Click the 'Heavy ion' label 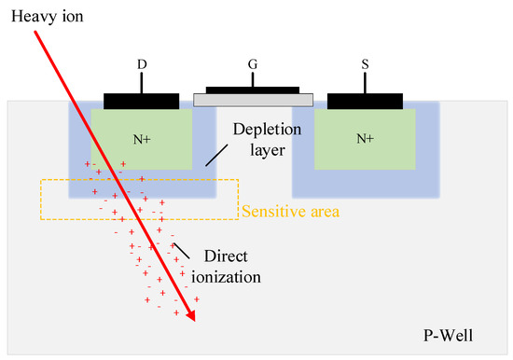pyautogui.click(x=35, y=14)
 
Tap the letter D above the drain pyautogui.click(x=142, y=66)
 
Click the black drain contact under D pyautogui.click(x=142, y=101)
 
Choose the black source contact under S pyautogui.click(x=365, y=101)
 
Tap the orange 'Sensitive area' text pyautogui.click(x=290, y=212)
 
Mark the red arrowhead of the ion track pyautogui.click(x=192, y=315)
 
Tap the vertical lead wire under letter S pyautogui.click(x=365, y=83)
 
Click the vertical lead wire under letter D pyautogui.click(x=142, y=83)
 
